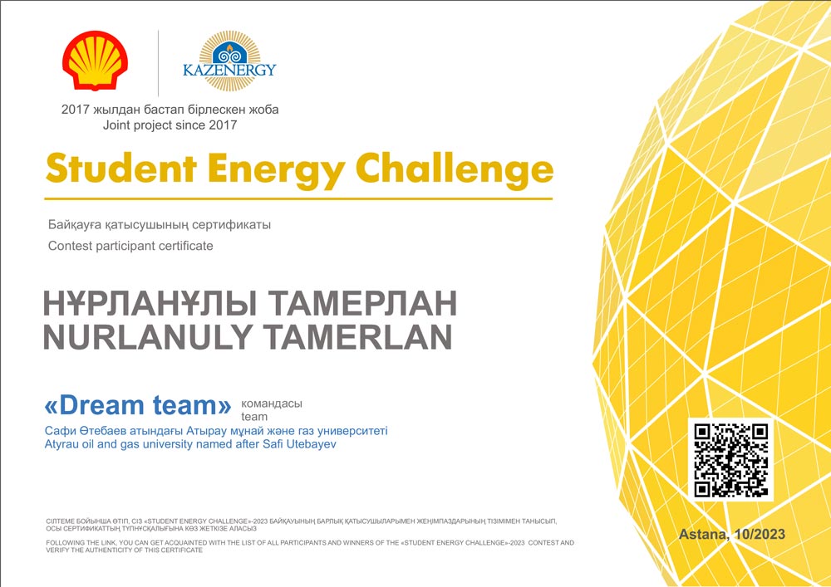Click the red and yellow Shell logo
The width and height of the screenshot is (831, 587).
95,61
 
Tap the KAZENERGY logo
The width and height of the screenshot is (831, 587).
229,61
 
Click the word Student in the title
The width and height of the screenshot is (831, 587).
121,169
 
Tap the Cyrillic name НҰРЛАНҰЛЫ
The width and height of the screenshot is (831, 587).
150,304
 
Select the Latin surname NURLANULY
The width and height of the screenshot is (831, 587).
148,336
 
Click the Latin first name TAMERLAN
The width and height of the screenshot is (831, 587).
357,336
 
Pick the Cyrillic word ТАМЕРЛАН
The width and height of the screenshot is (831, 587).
362,304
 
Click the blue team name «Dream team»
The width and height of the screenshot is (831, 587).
138,405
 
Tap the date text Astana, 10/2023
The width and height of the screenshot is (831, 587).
732,534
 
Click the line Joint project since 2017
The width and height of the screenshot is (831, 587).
170,125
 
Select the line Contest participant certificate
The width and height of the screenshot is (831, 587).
130,246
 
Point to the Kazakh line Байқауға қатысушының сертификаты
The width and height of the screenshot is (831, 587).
160,225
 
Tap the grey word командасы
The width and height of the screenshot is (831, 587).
272,404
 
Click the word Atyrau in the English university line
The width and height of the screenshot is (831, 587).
60,445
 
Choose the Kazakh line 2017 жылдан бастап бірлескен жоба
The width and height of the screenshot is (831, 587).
170,110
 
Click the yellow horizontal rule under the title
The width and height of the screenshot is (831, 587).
298,199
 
